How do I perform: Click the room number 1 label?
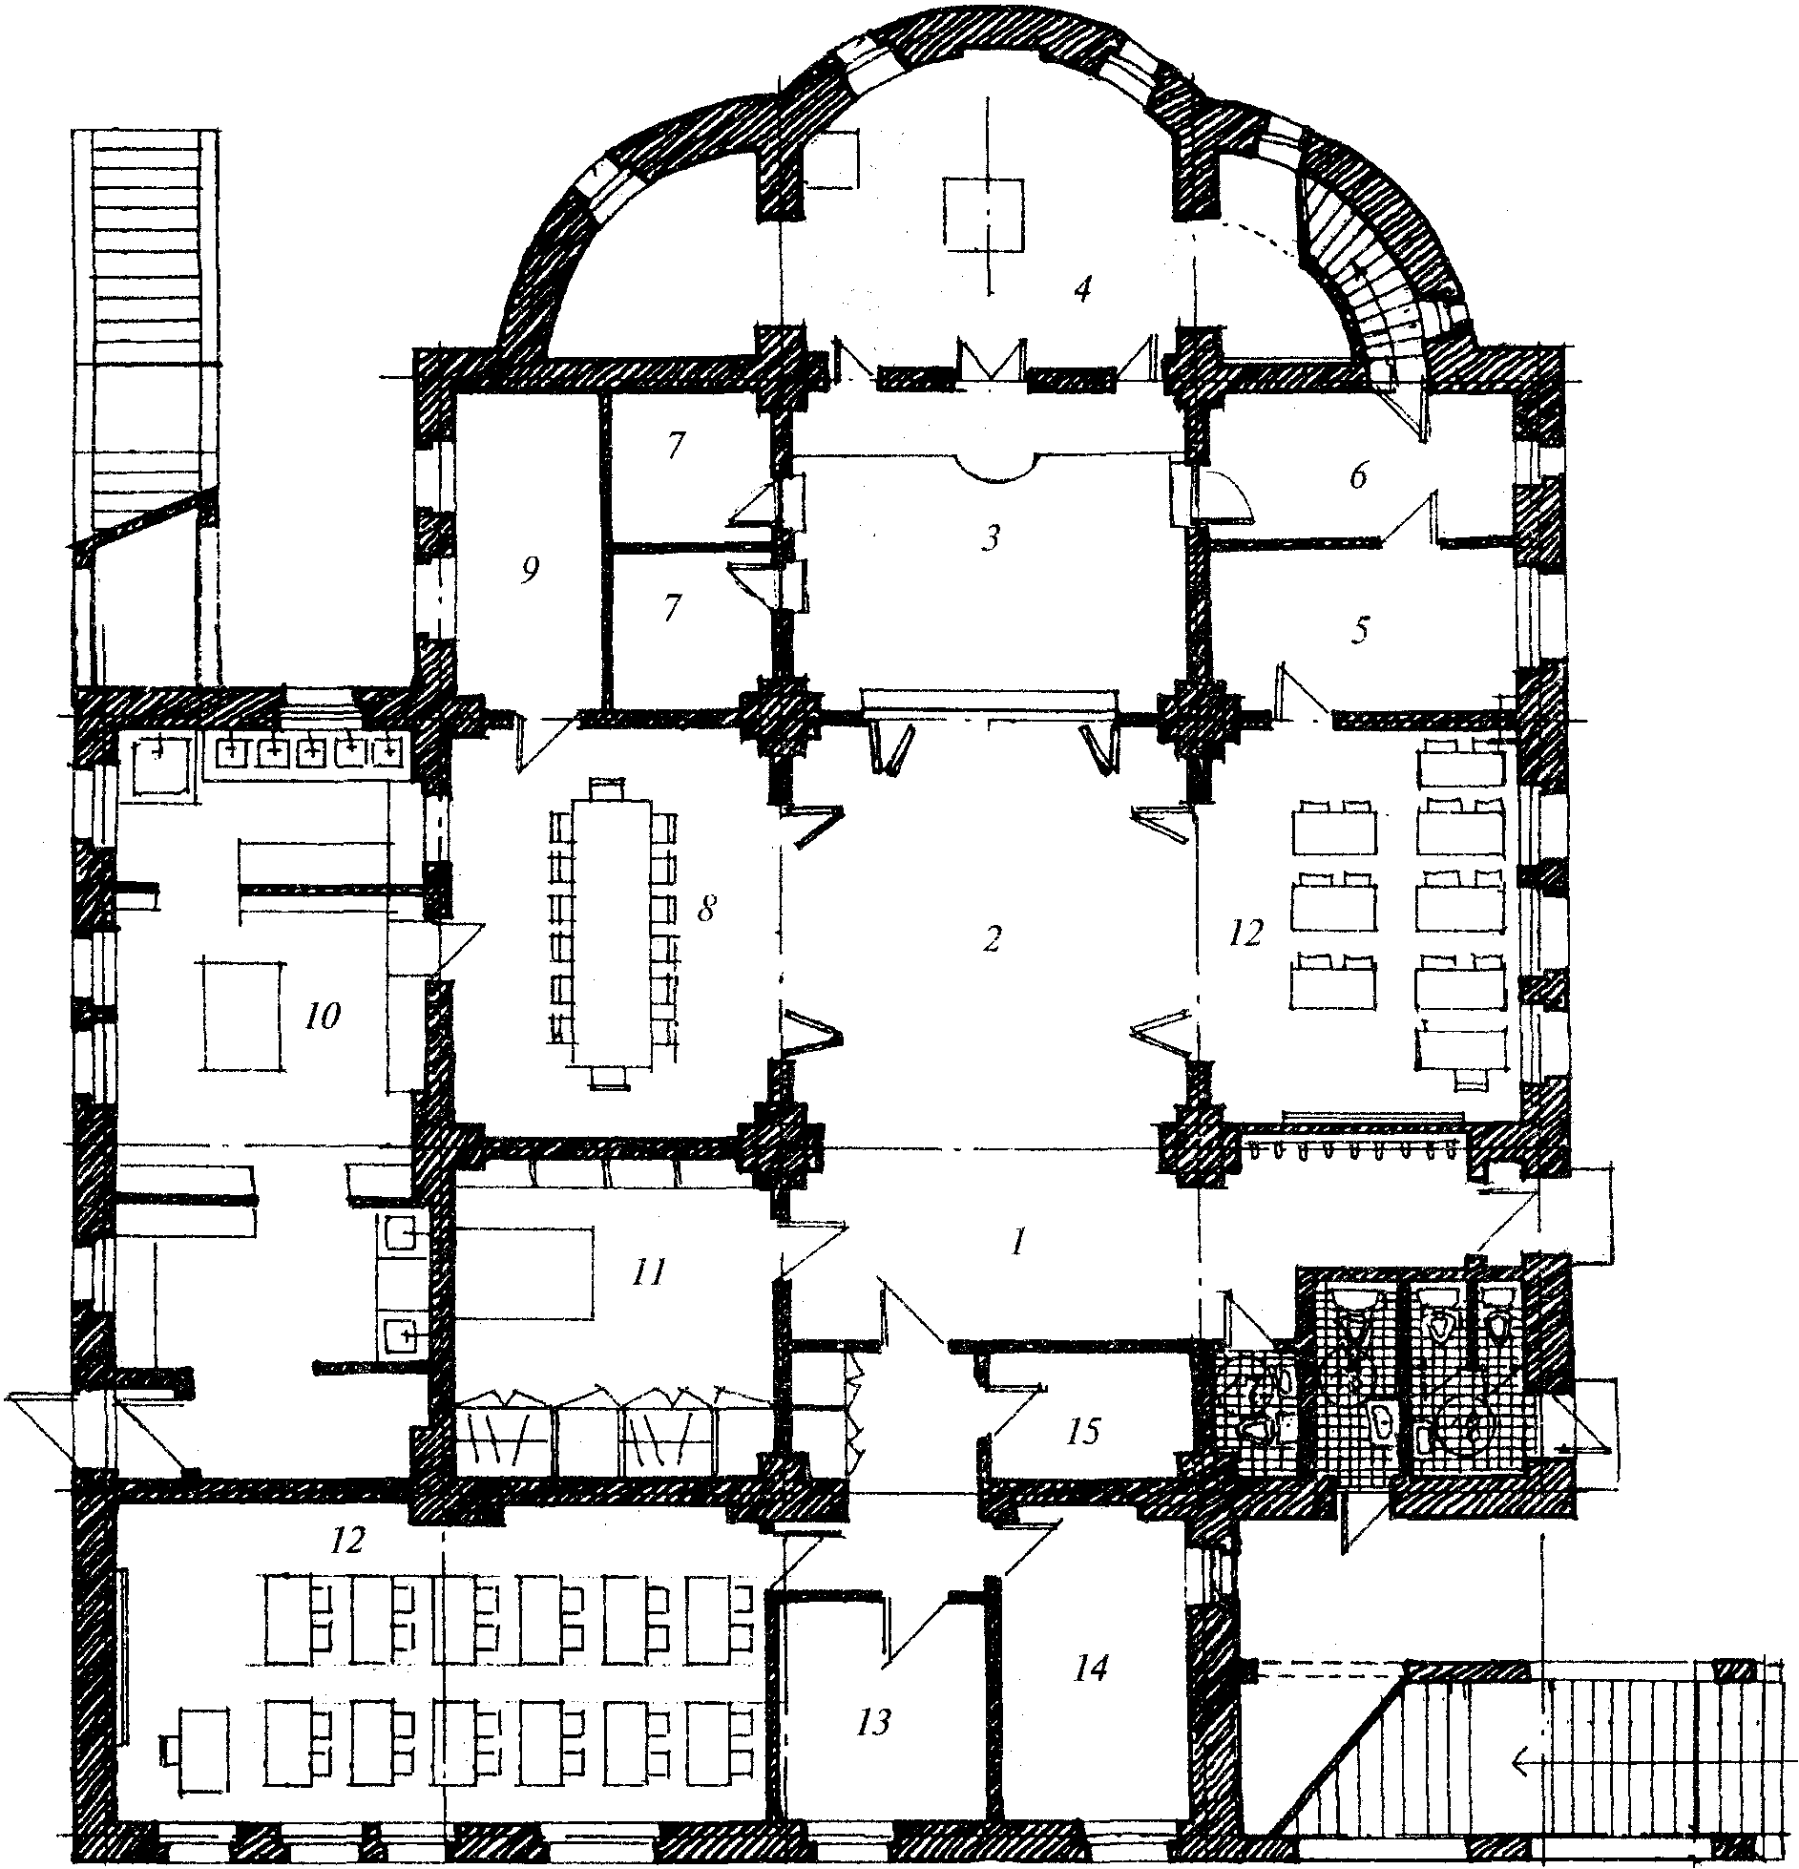(1018, 1242)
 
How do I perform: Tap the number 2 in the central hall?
(992, 939)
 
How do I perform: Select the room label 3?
(992, 539)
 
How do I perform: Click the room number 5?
(1361, 630)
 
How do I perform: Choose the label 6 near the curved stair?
(1359, 475)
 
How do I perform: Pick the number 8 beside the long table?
(705, 909)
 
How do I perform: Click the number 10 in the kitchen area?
(323, 1018)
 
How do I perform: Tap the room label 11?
(648, 1272)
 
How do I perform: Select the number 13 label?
(873, 1722)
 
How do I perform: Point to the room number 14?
(1090, 1669)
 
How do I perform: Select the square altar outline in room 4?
(984, 214)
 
